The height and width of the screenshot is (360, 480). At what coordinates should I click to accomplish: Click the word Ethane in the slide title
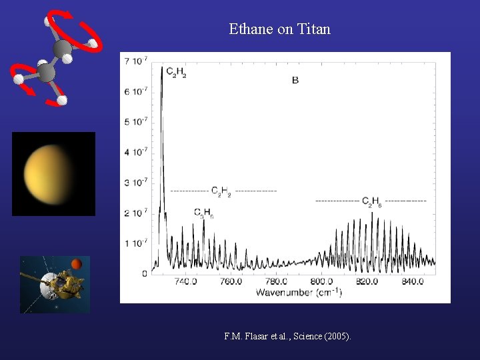[249, 29]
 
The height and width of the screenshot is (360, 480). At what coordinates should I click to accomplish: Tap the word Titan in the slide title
[314, 29]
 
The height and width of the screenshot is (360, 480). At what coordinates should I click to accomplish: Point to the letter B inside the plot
[295, 81]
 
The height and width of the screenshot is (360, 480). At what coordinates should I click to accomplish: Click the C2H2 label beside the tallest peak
[176, 71]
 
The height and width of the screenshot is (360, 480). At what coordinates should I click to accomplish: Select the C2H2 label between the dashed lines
[221, 192]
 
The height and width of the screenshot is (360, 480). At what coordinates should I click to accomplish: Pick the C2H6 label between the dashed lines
[371, 201]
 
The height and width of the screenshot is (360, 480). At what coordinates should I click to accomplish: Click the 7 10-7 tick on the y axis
[136, 61]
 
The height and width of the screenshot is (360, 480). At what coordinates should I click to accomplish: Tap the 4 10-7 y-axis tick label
[136, 152]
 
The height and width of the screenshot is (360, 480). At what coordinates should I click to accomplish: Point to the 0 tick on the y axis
[145, 273]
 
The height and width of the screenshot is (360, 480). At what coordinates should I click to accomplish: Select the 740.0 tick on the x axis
[185, 282]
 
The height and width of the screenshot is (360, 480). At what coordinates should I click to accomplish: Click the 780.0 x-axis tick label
[276, 282]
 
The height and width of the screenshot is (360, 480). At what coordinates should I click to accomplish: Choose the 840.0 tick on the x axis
[412, 282]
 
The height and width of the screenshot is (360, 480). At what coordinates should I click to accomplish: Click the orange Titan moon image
[52, 174]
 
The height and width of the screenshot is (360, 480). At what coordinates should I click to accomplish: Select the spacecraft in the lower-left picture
[53, 285]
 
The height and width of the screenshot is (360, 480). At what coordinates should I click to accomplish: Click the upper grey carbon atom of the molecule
[62, 49]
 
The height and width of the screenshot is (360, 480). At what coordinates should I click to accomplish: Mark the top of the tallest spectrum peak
[162, 66]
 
